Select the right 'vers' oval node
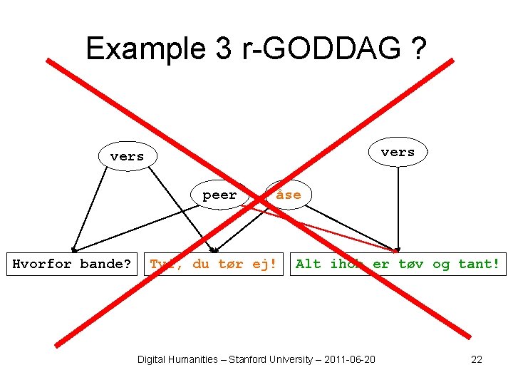[398, 152]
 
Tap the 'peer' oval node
[219, 195]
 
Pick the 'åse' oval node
[288, 195]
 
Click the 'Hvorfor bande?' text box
[72, 265]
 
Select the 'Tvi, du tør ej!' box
[213, 265]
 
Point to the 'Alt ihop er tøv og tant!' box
[398, 265]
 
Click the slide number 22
[477, 359]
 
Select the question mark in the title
[418, 48]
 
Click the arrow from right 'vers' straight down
[398, 207]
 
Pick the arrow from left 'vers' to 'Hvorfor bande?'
[90, 207]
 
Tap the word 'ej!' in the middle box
[264, 265]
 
